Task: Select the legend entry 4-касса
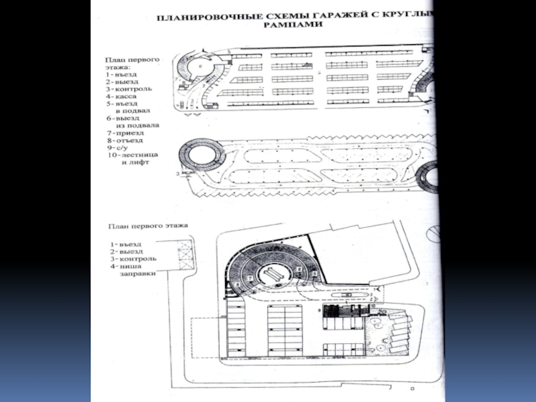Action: tap(125, 97)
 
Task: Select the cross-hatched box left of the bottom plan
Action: tap(186, 254)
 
